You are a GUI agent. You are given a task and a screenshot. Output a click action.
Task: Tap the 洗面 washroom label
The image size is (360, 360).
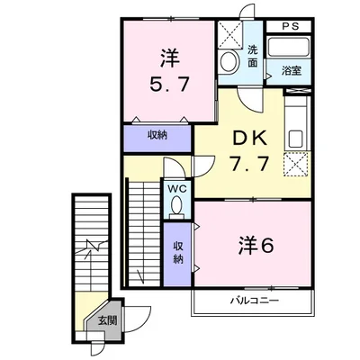(x=254, y=56)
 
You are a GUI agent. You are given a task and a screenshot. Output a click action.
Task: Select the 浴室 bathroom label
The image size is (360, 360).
(x=291, y=69)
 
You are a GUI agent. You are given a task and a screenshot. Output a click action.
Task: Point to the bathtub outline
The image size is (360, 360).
(x=292, y=49)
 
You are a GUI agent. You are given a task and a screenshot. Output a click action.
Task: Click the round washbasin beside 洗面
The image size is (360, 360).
(x=230, y=62)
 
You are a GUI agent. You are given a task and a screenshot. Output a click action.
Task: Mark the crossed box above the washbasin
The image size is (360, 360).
(x=230, y=35)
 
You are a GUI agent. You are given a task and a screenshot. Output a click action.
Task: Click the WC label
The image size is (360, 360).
(x=176, y=190)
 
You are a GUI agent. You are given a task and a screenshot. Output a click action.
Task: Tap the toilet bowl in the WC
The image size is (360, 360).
(x=176, y=206)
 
